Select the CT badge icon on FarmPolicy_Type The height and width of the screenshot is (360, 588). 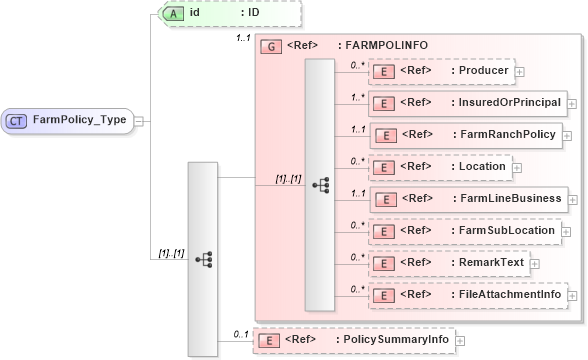click(x=17, y=120)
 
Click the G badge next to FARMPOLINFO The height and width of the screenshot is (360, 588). click(x=268, y=46)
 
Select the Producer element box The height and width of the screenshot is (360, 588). click(x=440, y=71)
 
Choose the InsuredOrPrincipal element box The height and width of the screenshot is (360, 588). click(x=465, y=103)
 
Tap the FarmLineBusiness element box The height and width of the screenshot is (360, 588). click(x=465, y=198)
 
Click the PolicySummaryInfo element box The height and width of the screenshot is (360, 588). click(x=352, y=340)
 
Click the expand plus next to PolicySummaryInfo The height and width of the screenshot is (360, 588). click(x=460, y=341)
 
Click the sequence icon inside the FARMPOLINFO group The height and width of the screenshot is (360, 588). click(x=320, y=184)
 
